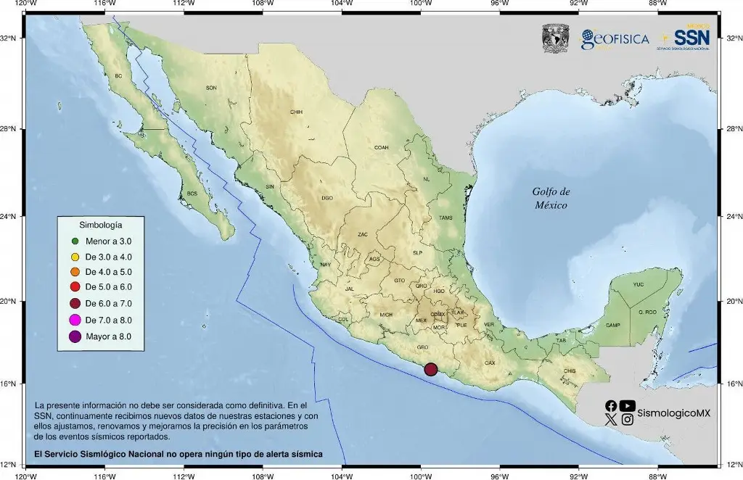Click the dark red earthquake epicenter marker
[430, 369]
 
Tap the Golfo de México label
[551, 198]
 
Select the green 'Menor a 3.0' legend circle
[75, 241]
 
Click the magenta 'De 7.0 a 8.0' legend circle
[75, 320]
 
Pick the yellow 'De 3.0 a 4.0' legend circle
[75, 257]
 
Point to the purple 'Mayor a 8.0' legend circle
[75, 336]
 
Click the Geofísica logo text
[615, 39]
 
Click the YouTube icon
[628, 406]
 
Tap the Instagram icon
[628, 419]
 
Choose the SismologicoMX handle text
[673, 413]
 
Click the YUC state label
[638, 284]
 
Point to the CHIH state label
[296, 112]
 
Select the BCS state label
[192, 194]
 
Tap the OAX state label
[490, 363]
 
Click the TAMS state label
[446, 218]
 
